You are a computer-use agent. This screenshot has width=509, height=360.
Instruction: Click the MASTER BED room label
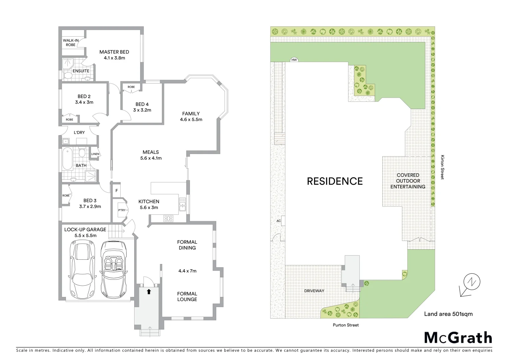click(114, 52)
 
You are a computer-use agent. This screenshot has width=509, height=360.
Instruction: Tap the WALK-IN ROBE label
click(71, 43)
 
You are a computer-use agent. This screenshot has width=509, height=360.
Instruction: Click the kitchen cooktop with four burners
click(169, 219)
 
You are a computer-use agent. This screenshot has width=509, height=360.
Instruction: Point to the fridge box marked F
click(117, 191)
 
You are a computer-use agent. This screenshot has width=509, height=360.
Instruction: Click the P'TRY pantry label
click(122, 210)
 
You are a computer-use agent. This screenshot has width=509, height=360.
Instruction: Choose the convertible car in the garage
click(113, 267)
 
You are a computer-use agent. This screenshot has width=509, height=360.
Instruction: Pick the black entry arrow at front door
click(149, 292)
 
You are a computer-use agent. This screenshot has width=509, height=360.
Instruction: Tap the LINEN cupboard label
click(95, 154)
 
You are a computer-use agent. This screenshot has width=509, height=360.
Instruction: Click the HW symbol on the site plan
click(294, 60)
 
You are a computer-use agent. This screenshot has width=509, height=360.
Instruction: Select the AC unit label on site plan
click(279, 221)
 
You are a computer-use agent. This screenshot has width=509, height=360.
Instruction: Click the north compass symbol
click(470, 284)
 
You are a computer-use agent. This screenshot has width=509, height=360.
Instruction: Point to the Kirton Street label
click(442, 167)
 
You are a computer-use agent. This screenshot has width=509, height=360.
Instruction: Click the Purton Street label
click(345, 325)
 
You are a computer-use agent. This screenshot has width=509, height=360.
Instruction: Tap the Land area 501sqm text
click(448, 314)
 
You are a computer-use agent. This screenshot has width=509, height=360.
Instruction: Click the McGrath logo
click(458, 338)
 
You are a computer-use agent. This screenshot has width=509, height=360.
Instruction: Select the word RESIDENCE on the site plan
click(334, 181)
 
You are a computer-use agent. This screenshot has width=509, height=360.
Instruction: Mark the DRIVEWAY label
click(314, 291)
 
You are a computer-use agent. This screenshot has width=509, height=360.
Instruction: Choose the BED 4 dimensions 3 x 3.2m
click(142, 110)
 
